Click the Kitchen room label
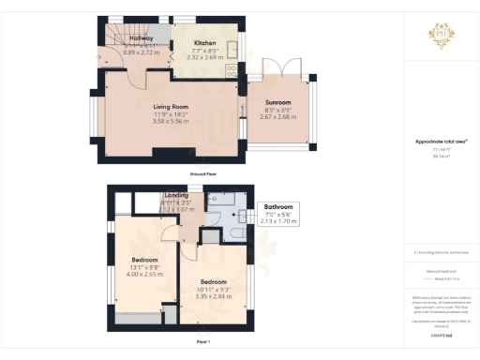pos(204,43)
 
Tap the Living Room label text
pos(172,107)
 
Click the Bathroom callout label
pos(278,206)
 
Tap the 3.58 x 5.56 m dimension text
pos(172,121)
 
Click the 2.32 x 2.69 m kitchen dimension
pos(206,58)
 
